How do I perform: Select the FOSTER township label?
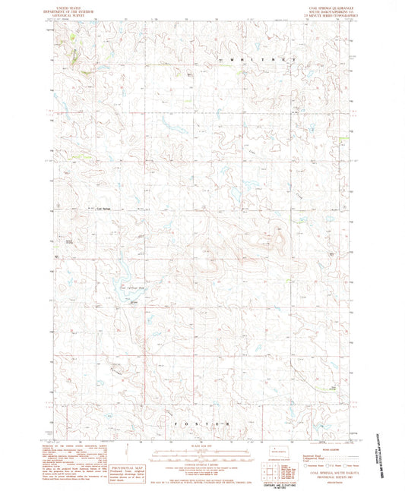201,421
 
